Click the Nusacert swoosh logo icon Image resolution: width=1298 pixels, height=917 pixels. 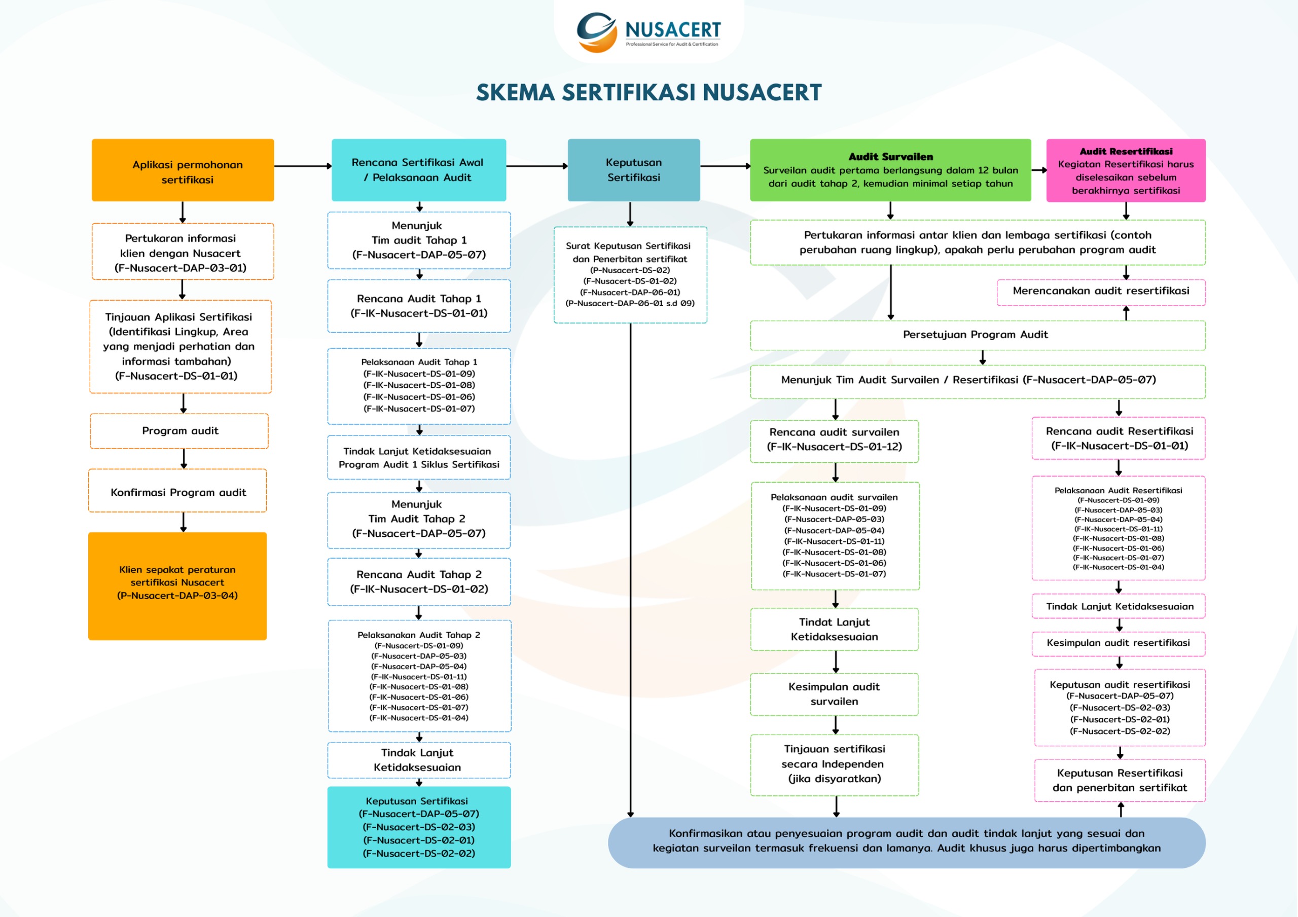[x=596, y=32]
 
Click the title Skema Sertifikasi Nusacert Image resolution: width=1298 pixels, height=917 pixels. [x=648, y=93]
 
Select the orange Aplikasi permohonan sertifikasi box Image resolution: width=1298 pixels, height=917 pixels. [x=183, y=170]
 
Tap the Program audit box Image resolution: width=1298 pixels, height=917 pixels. [x=179, y=431]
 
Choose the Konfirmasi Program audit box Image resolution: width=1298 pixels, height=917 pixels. [x=177, y=492]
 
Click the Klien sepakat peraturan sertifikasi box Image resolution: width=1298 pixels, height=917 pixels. [x=177, y=585]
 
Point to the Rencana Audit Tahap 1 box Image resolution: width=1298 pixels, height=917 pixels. [x=418, y=306]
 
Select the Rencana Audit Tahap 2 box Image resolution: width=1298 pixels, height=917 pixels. [x=418, y=582]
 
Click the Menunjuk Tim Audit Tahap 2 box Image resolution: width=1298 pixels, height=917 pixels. [x=418, y=519]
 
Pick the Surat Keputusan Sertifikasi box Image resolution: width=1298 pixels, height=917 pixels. [x=630, y=275]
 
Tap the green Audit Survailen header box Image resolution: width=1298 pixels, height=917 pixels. [x=890, y=170]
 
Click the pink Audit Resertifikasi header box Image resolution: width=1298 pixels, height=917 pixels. [x=1125, y=170]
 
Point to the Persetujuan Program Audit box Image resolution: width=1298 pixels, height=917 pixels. [x=977, y=335]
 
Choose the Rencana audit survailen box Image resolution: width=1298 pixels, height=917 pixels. [x=834, y=440]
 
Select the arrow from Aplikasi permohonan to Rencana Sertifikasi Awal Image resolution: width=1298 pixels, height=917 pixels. [x=303, y=166]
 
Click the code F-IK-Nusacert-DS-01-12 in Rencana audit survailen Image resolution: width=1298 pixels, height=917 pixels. [x=834, y=447]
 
